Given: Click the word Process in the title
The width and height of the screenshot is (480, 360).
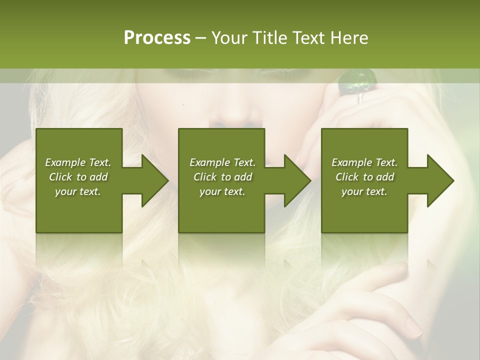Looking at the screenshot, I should [x=157, y=38].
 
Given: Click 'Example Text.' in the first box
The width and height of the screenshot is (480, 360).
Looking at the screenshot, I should [x=78, y=162].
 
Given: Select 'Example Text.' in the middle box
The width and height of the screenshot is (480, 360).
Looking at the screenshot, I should [x=222, y=162].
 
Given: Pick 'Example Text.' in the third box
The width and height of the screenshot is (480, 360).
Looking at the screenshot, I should [x=364, y=162].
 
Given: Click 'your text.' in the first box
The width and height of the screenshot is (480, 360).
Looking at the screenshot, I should [x=78, y=191].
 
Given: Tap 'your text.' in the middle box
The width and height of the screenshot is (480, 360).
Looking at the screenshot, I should [x=222, y=191].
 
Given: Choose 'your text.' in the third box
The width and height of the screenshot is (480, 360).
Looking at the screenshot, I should [x=364, y=191].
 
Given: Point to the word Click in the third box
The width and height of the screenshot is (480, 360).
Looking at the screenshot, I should [x=347, y=177].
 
